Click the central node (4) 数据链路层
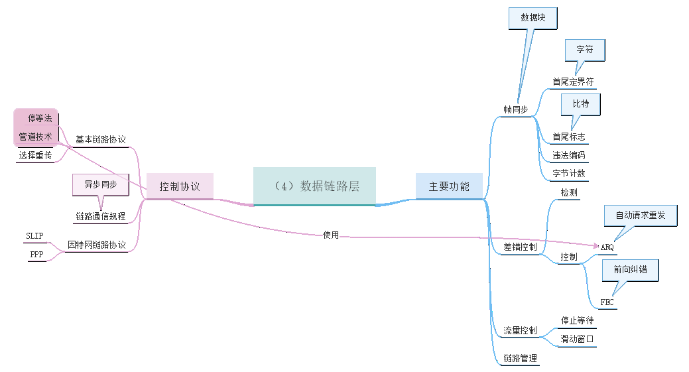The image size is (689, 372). click(314, 186)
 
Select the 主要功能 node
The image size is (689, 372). click(449, 186)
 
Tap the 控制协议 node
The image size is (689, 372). click(180, 186)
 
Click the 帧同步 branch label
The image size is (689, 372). click(516, 109)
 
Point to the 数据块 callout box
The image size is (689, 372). click(532, 18)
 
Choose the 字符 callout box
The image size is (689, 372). click(584, 49)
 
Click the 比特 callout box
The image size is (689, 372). click(581, 104)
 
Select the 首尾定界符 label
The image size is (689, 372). click(573, 82)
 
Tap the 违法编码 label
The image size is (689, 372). click(568, 155)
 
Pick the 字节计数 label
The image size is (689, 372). click(568, 174)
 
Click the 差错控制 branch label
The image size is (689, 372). click(520, 247)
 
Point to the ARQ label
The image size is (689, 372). click(607, 247)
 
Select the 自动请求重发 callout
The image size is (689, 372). click(641, 215)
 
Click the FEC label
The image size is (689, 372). click(607, 302)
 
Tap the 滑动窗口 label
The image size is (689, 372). click(577, 339)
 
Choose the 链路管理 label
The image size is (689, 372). click(520, 359)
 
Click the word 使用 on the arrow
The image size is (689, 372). click(330, 235)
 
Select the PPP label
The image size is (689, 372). click(36, 255)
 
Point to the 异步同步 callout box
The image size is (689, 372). click(100, 184)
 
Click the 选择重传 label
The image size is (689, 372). click(36, 155)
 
